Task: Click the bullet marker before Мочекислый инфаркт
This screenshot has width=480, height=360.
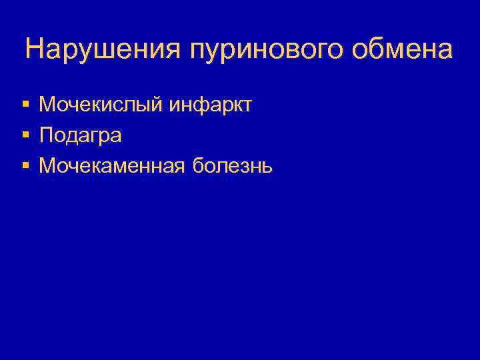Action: tap(25, 105)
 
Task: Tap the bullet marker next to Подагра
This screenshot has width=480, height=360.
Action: tap(25, 135)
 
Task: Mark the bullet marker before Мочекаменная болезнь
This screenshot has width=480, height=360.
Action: tap(25, 165)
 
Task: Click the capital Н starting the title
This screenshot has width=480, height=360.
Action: tap(35, 49)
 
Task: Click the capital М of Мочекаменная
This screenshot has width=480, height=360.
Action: tap(48, 165)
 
